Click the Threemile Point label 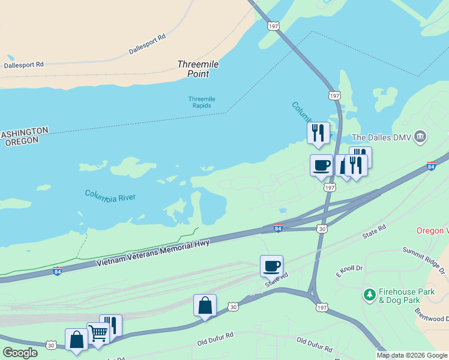tap(193, 69)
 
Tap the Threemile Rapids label tap(202, 102)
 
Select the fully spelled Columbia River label tap(110, 196)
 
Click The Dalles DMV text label tap(381, 137)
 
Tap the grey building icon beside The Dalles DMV tap(421, 137)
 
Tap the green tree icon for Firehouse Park tap(369, 295)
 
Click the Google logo tap(20, 353)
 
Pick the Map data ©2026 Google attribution tap(411, 355)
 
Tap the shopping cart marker tap(98, 332)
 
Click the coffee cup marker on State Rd tap(271, 265)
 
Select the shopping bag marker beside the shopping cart tap(77, 339)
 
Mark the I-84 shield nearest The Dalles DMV tap(431, 166)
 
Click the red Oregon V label tap(433, 231)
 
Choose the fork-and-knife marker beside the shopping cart tap(110, 325)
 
